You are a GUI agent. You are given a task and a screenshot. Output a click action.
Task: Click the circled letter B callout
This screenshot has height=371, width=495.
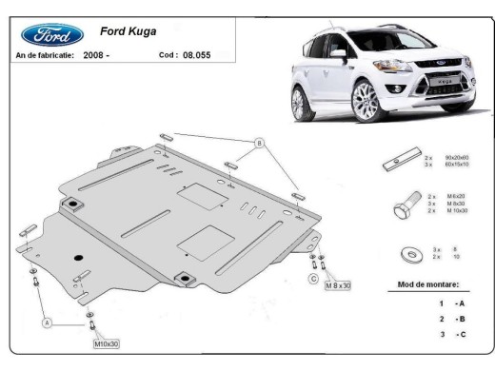(258, 144)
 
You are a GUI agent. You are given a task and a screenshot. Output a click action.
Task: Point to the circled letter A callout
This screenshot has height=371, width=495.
(44, 322)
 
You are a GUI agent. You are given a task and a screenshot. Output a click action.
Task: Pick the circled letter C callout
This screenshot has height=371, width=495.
(312, 279)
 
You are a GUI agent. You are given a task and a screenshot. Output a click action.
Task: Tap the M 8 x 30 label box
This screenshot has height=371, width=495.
(337, 285)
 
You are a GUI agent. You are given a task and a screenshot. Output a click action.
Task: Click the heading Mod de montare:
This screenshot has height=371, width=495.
(427, 284)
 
